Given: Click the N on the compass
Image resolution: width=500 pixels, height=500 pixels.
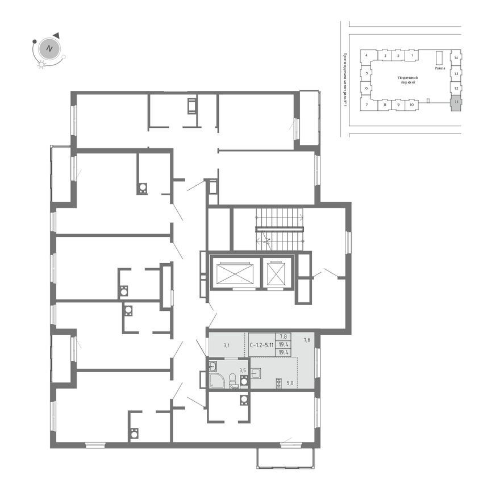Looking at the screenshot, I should coord(49,48).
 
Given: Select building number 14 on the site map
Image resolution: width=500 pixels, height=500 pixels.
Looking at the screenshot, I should coord(456,57).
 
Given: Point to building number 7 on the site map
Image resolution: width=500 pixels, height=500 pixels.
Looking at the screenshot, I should coord(367,105).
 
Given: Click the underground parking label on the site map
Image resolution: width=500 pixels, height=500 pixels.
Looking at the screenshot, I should coord(407,79).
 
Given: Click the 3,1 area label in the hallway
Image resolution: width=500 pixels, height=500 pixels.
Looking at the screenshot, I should coord(226,344).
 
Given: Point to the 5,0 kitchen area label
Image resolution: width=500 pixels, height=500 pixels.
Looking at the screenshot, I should coord(290,383).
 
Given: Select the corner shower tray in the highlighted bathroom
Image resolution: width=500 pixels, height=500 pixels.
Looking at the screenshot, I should coord(216,381).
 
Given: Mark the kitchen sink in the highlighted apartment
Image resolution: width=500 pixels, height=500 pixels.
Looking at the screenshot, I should coord(256,373).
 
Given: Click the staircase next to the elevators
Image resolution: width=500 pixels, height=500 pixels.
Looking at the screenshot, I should coord(279,229).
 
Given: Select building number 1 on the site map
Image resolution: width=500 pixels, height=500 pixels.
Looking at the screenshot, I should coord(412,56).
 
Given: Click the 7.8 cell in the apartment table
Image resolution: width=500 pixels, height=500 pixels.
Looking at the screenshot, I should coord(282,336).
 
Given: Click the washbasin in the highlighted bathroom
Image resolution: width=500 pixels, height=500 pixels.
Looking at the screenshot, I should coord(213,366).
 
